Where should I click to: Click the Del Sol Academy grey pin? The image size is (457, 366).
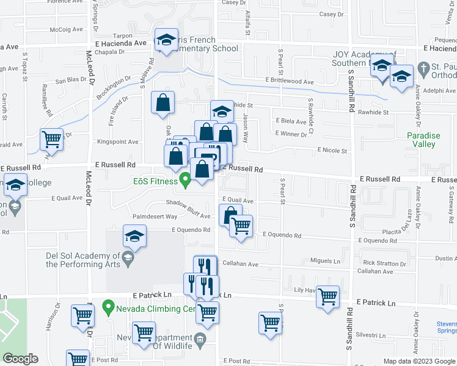pyautogui.click(x=128, y=260)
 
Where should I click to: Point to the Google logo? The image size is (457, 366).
pyautogui.click(x=20, y=359)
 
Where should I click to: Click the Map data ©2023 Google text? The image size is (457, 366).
pyautogui.click(x=419, y=361)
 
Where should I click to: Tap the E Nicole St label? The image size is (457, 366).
pyautogui.click(x=332, y=150)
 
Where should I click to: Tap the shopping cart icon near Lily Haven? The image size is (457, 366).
pyautogui.click(x=328, y=296)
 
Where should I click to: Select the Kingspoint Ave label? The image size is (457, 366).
pyautogui.click(x=117, y=142)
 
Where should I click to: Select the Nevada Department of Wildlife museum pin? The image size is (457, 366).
pyautogui.click(x=200, y=339)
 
